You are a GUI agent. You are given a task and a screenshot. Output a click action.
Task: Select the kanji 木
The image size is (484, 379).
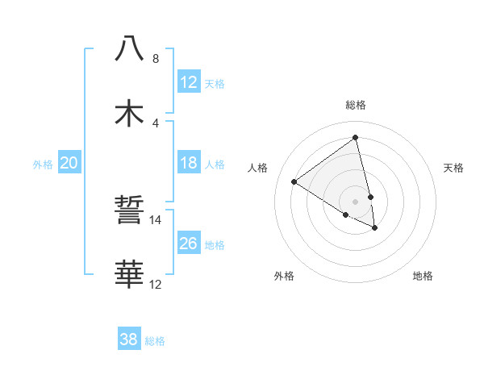click(x=129, y=112)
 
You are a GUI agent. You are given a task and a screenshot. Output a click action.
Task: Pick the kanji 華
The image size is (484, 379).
click(x=129, y=274)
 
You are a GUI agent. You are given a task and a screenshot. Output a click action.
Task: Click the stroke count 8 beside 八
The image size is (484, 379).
click(x=155, y=59)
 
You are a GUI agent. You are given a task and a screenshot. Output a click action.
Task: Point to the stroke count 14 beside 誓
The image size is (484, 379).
click(x=156, y=219)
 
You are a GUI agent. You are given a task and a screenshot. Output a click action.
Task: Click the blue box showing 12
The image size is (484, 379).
click(x=189, y=82)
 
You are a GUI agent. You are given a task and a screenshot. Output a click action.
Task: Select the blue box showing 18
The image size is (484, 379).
click(x=189, y=163)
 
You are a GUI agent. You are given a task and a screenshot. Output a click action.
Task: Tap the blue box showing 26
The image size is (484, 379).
click(x=189, y=244)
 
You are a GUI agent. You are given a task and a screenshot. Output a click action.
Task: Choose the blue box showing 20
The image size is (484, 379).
click(x=69, y=163)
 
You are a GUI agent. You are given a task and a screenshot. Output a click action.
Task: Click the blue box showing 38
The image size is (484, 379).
click(x=129, y=339)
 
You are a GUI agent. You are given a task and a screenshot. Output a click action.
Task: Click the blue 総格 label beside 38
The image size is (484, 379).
click(x=155, y=341)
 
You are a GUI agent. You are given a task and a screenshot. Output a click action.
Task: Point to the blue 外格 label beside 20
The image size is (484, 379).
click(x=43, y=165)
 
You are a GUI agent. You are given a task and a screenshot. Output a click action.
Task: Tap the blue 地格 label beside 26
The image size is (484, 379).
click(x=215, y=245)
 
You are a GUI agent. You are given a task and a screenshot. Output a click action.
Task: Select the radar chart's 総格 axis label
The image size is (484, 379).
click(x=356, y=105)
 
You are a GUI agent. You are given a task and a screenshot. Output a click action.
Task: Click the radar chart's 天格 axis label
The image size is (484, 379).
click(x=453, y=168)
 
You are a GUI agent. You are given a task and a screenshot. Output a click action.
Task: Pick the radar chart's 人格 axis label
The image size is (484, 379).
click(x=258, y=168)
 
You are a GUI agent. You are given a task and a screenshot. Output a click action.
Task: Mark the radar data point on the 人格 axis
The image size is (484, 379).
click(x=294, y=181)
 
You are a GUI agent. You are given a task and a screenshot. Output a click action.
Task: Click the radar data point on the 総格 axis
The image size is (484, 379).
click(x=356, y=137)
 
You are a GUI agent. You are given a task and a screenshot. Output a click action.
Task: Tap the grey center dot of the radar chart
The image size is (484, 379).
click(x=356, y=202)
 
